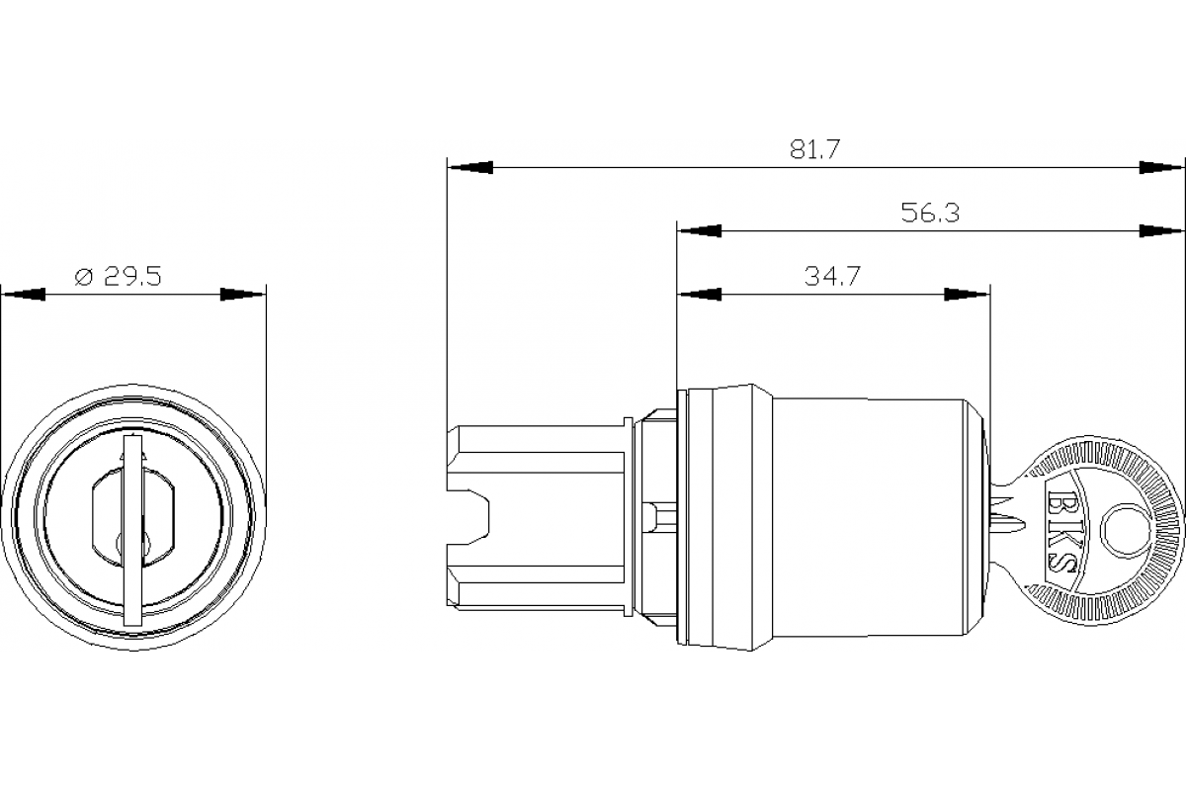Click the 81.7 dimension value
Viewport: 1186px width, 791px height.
pyautogui.click(x=814, y=149)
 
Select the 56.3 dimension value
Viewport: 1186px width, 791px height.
pyautogui.click(x=930, y=213)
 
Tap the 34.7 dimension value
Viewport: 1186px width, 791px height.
pyautogui.click(x=831, y=277)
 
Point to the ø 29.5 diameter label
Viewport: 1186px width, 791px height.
pyautogui.click(x=119, y=276)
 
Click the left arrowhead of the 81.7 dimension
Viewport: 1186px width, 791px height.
pyautogui.click(x=468, y=168)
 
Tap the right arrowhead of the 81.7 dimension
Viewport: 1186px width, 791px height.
pyautogui.click(x=1162, y=168)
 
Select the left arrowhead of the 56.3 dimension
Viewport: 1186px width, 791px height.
pyautogui.click(x=699, y=230)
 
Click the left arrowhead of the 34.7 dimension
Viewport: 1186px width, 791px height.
pyautogui.click(x=699, y=295)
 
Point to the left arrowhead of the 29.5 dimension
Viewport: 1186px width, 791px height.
pyautogui.click(x=24, y=295)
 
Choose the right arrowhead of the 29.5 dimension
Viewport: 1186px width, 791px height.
pyautogui.click(x=243, y=295)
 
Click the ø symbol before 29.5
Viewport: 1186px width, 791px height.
pyautogui.click(x=84, y=277)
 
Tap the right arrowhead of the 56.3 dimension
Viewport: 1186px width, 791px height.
pyautogui.click(x=1162, y=230)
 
